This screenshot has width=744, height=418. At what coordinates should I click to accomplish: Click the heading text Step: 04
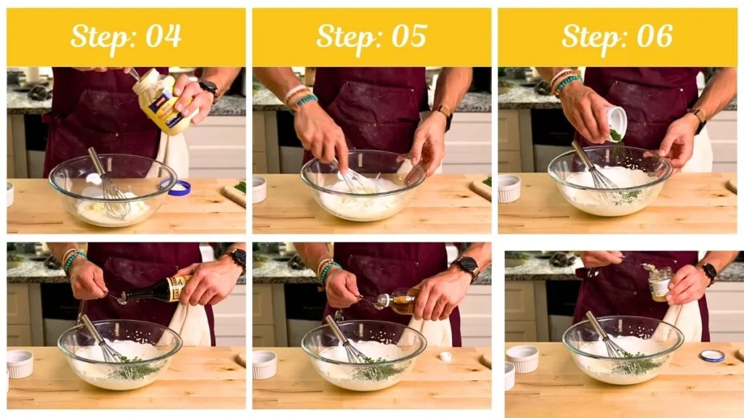pos(126,36)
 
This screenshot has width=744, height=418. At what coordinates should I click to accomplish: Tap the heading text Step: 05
pos(371,36)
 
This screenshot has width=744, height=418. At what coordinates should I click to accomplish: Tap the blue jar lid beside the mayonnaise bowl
pos(178,188)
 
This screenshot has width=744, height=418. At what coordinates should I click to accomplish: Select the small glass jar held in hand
pos(660,283)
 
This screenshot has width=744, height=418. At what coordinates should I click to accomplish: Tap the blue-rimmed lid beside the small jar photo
pos(712,355)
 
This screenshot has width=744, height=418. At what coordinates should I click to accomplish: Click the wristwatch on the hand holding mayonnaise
pos(209,89)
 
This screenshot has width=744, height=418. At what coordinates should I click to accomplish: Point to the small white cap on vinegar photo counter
pos(445,356)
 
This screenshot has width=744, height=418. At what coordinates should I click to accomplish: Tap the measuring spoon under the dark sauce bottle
pos(118,297)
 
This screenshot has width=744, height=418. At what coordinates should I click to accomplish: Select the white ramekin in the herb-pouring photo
pos(509,188)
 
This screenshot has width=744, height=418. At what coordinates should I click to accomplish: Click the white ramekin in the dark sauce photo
pos(20,363)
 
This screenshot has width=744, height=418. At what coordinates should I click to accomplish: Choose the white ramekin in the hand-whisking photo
pos(259,189)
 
